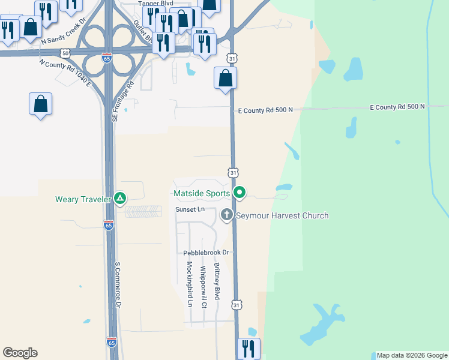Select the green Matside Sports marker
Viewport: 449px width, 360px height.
[x=240, y=193]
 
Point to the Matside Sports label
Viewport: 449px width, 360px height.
[x=201, y=193]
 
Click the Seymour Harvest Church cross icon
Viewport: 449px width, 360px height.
[x=227, y=214]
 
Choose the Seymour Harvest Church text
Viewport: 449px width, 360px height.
[x=282, y=215]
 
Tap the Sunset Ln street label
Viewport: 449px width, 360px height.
[x=190, y=209]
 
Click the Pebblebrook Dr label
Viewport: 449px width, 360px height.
[x=206, y=253]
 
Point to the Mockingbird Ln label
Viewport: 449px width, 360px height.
[x=189, y=284]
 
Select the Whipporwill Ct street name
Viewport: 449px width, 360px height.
[x=203, y=287]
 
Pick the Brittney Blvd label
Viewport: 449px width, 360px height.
[x=217, y=281]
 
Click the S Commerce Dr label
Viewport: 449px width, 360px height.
[x=118, y=284]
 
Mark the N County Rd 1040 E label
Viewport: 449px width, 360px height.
[x=65, y=73]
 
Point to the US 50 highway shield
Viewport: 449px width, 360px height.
[x=65, y=53]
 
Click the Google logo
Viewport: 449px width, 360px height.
[x=20, y=353]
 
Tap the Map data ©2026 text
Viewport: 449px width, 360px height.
[x=411, y=355]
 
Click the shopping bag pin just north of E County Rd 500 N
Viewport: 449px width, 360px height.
[x=226, y=78]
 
